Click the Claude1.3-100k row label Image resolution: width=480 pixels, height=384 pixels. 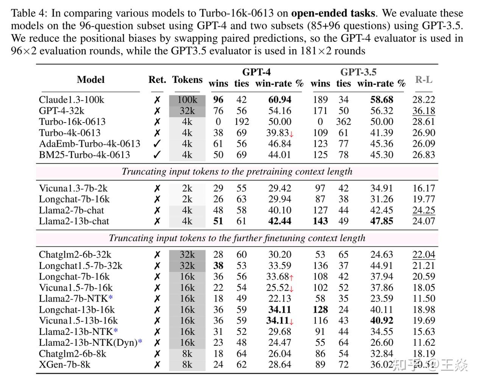click(71, 100)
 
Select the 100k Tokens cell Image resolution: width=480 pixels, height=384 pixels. click(187, 100)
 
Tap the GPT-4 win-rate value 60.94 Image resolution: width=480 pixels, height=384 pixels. click(280, 100)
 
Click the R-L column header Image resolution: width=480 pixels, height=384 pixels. click(424, 80)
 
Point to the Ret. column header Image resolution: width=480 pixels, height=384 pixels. click(157, 80)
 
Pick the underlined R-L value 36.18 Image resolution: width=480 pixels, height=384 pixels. click(424, 111)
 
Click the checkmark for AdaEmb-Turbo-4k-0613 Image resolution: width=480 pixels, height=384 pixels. click(157, 144)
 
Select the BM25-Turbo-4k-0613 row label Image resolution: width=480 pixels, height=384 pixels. click(84, 155)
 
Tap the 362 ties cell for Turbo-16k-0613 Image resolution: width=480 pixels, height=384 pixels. click(343, 122)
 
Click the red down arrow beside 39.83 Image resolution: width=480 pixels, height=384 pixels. click(291, 134)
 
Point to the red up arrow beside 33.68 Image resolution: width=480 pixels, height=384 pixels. click(291, 277)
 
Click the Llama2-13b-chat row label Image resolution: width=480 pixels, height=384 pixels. click(74, 221)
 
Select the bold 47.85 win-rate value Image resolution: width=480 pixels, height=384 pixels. click(382, 221)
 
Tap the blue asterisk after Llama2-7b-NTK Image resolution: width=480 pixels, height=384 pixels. click(110, 298)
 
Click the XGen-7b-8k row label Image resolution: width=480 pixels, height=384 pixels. click(64, 365)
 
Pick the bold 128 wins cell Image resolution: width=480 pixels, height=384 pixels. click(320, 310)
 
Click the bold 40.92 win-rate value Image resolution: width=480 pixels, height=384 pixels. click(382, 321)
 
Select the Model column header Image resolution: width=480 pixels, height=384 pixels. click(90, 80)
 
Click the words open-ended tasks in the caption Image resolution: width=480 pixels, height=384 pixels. click(333, 14)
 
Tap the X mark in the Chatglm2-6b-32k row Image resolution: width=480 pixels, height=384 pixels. click(157, 255)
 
